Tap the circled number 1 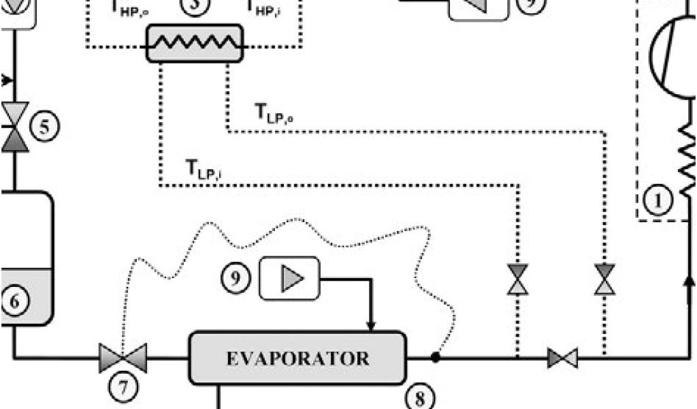(658, 200)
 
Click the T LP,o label (274, 113)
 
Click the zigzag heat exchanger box (195, 43)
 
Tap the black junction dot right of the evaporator (435, 357)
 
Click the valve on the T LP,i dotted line (518, 279)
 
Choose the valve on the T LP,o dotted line (604, 279)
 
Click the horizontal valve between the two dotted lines (563, 357)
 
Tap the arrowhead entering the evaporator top (371, 325)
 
